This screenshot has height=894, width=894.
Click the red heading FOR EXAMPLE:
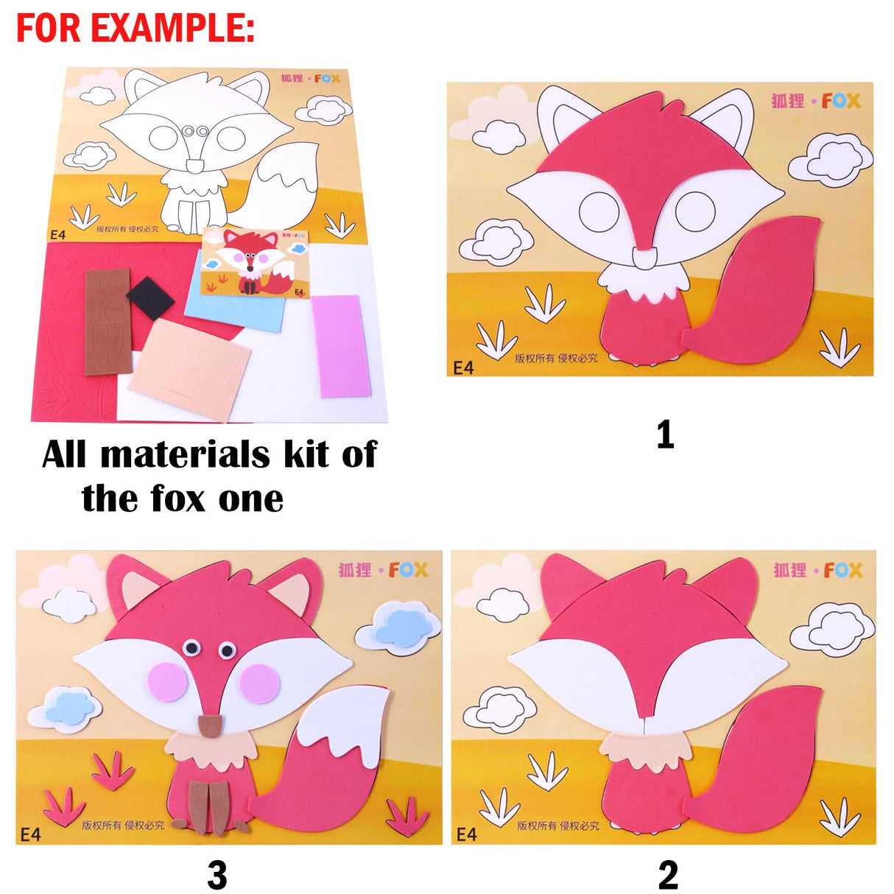tap(135, 28)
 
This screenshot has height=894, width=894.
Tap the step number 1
tap(665, 434)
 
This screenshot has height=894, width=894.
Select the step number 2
tap(668, 875)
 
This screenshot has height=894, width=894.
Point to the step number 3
tap(217, 875)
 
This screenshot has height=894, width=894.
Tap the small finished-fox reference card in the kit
tap(255, 262)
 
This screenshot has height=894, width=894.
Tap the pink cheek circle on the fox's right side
tap(259, 682)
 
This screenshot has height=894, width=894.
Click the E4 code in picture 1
tap(463, 367)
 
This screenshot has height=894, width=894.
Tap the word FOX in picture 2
tap(843, 571)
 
